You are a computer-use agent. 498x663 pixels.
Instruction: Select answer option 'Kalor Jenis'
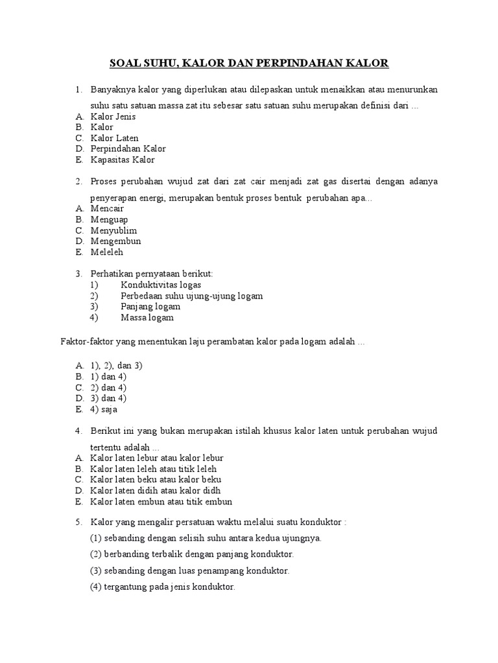tap(113, 117)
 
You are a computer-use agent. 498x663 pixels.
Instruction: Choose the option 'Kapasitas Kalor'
tap(123, 160)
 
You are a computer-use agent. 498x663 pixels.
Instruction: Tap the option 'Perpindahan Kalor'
tap(128, 149)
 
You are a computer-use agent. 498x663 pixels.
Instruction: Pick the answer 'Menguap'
tap(109, 219)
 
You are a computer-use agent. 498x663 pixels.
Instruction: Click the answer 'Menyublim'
tap(113, 230)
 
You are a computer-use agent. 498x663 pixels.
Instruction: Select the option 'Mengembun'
tap(115, 242)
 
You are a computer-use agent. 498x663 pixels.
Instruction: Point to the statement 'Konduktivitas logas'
tap(160, 285)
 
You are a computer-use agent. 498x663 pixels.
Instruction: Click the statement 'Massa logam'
tap(147, 318)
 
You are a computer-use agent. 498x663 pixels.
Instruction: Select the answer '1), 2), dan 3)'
tap(116, 365)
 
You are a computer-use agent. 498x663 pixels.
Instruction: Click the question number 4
tap(78, 431)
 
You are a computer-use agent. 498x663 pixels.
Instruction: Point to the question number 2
tap(78, 181)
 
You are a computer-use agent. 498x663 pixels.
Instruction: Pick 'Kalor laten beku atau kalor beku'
tap(156, 480)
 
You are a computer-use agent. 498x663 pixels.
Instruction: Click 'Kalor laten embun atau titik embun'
tap(161, 502)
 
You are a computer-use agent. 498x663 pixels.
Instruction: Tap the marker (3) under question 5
tap(97, 571)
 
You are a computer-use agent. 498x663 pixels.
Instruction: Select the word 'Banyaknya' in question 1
tap(112, 89)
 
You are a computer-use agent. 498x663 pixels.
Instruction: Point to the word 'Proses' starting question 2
tap(104, 181)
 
